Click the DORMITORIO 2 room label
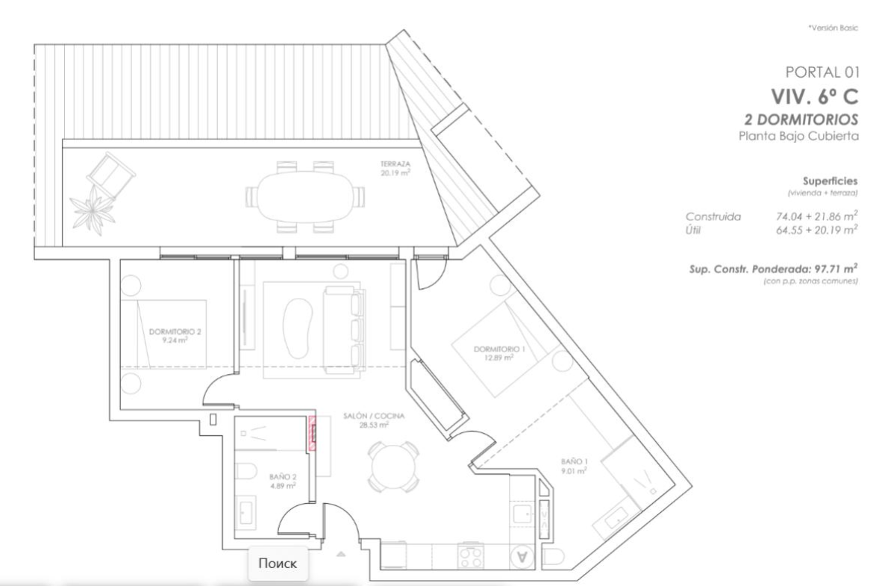tap(175, 331)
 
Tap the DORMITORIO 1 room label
tap(499, 349)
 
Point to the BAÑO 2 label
tap(283, 477)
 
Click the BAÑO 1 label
tap(575, 461)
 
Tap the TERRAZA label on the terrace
tap(395, 164)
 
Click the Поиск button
tap(278, 563)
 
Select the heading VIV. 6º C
tap(815, 96)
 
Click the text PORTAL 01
tap(822, 72)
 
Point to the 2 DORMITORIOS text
tap(801, 119)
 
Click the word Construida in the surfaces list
tap(713, 216)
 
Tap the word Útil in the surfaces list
tap(692, 230)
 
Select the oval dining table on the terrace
tap(304, 196)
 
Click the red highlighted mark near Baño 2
tap(313, 434)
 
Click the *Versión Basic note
tap(833, 28)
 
